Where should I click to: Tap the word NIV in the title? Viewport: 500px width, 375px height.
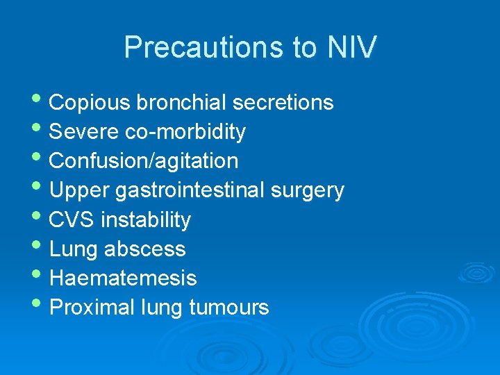coord(350,47)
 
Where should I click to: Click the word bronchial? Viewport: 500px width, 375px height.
coord(181,103)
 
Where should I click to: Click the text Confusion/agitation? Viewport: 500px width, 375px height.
coord(144,161)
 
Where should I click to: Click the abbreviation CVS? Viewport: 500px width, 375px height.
coord(72,220)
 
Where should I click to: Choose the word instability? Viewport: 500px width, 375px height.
coord(146,220)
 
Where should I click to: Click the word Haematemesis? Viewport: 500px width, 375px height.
coord(124,278)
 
